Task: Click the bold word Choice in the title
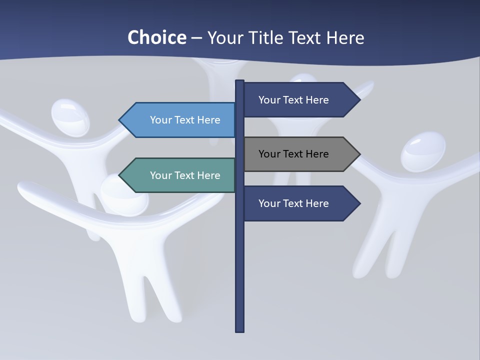click(x=156, y=37)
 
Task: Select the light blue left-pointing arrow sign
click(x=180, y=120)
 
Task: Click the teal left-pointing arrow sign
click(x=180, y=175)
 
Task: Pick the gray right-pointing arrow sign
click(x=300, y=154)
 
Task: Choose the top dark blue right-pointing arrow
click(x=300, y=100)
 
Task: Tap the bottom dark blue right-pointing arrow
click(x=300, y=203)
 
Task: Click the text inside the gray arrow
click(x=293, y=154)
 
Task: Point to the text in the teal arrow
click(x=185, y=175)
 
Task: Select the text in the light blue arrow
click(x=185, y=120)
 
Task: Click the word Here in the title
click(x=345, y=37)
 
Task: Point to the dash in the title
click(x=196, y=38)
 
